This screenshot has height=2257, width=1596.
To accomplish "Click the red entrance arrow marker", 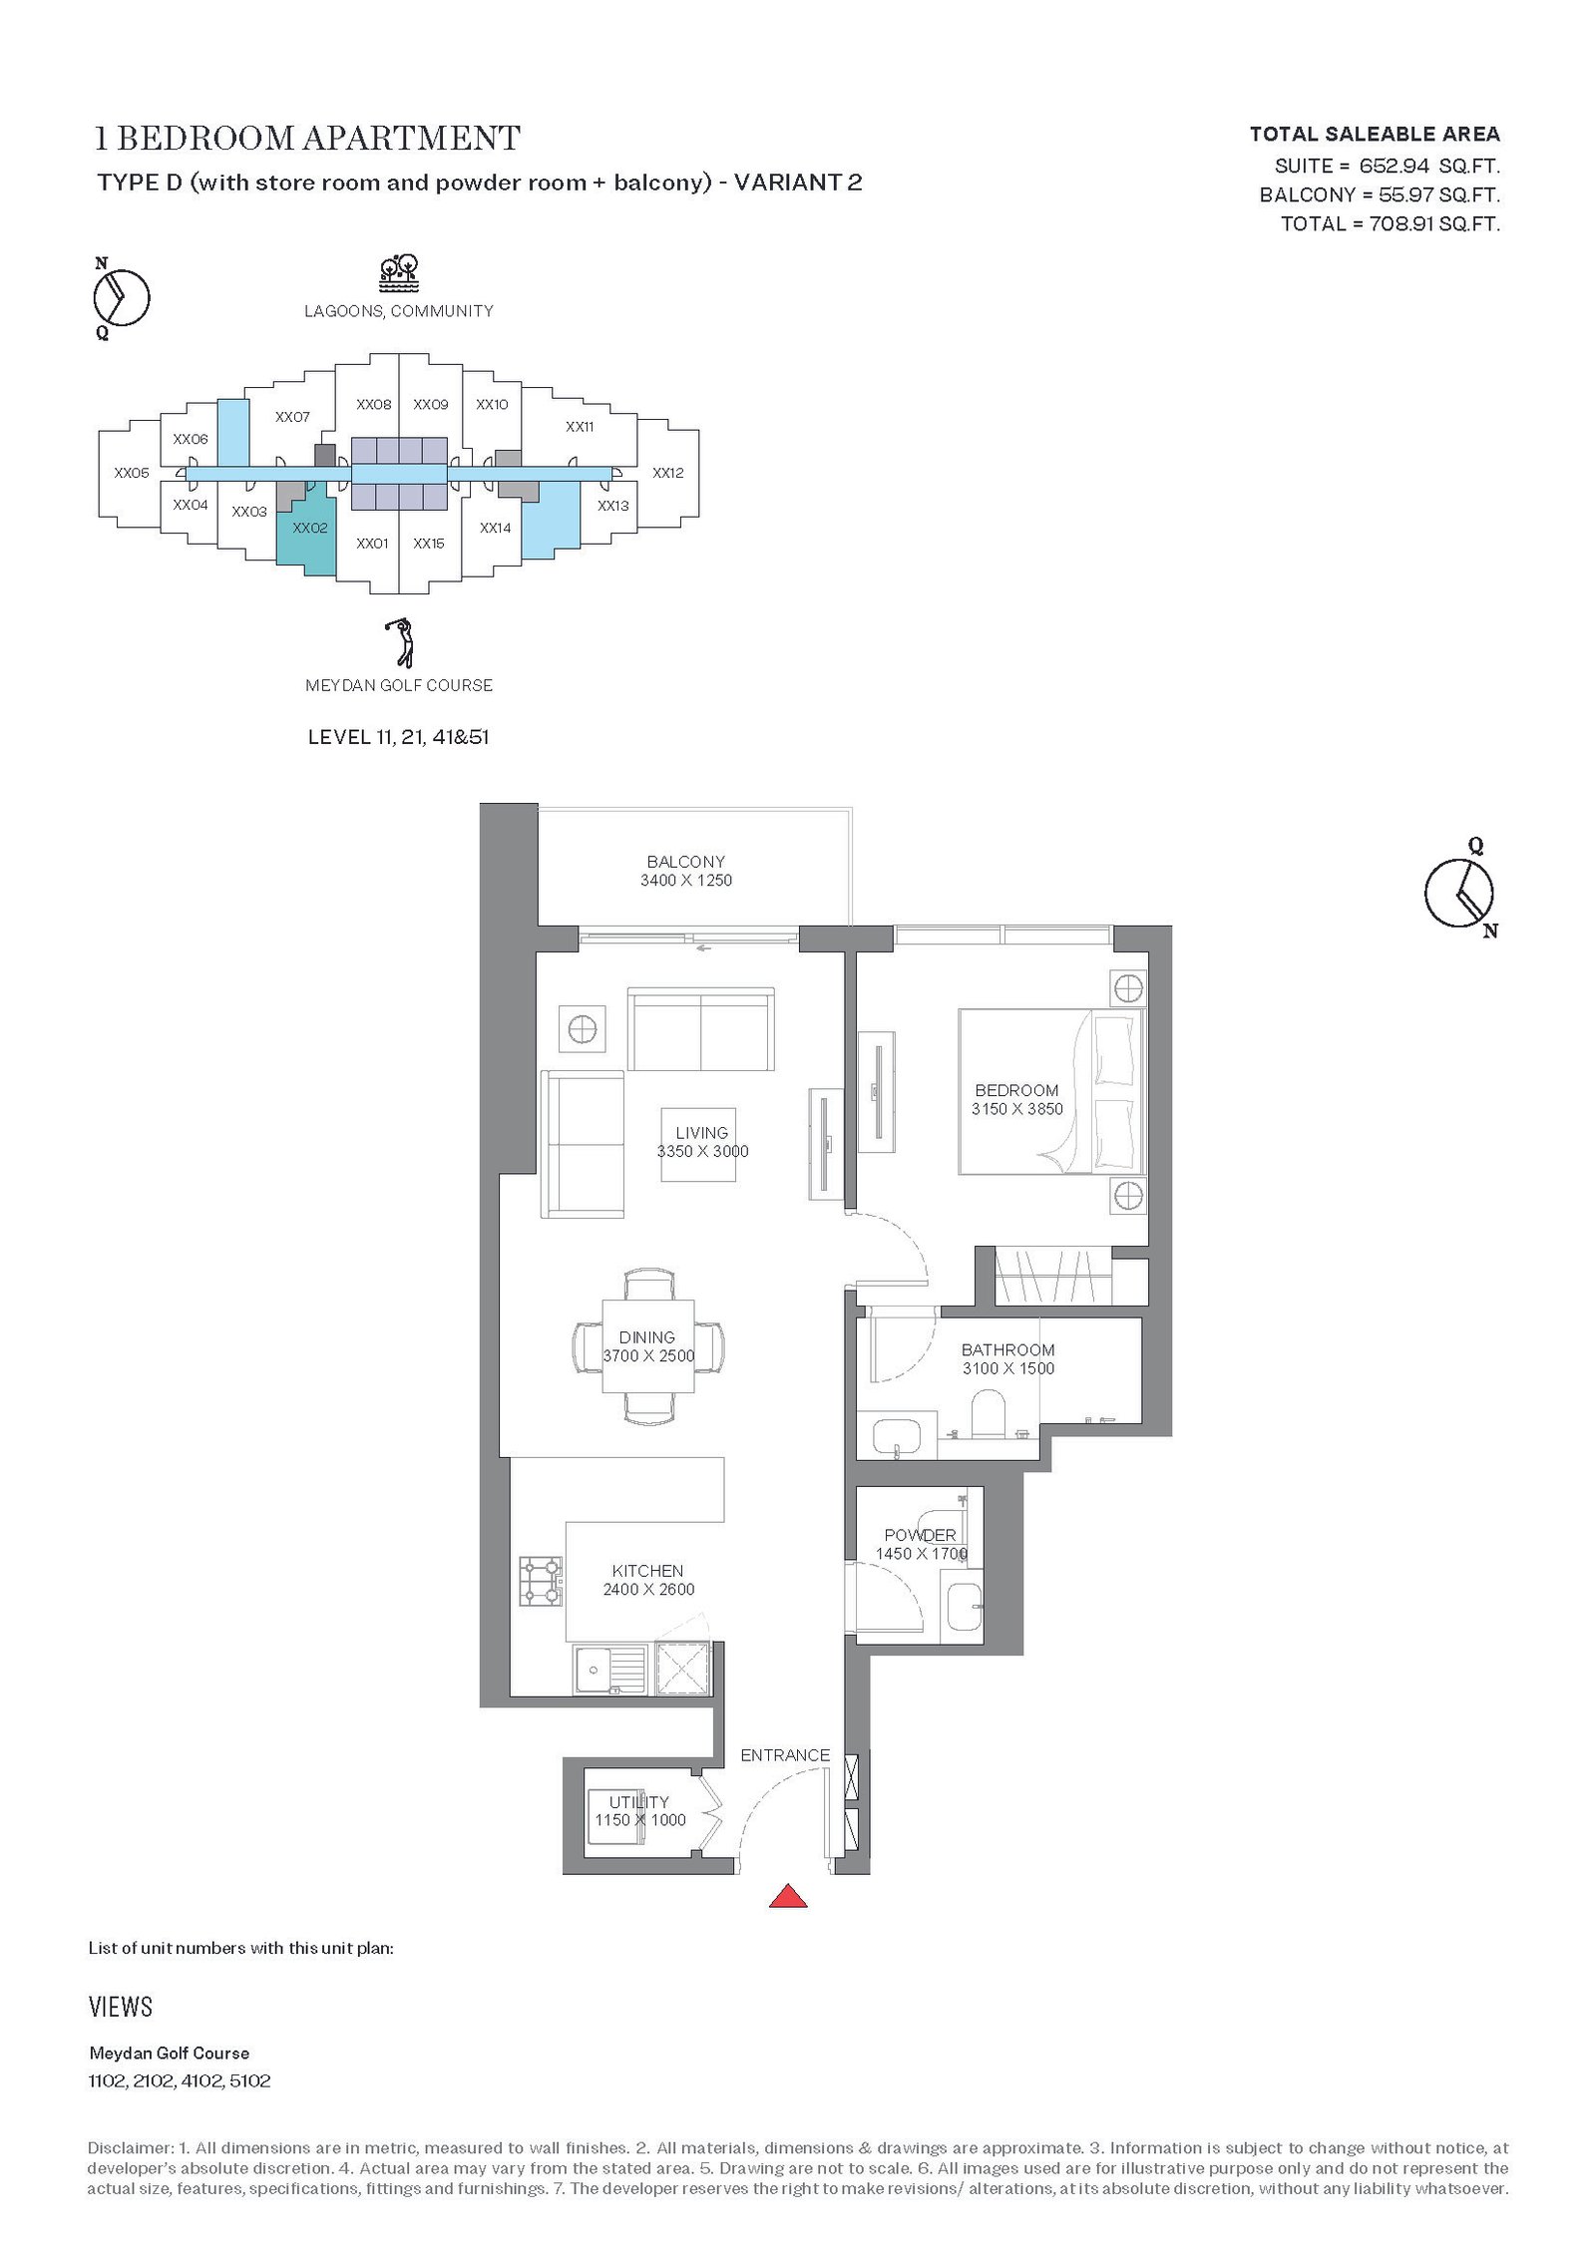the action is tap(787, 1895).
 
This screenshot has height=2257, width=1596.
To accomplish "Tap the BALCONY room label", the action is tap(685, 862).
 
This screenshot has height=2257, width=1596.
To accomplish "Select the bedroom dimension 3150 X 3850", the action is tap(1016, 1109).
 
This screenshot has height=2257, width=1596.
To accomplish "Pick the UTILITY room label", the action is tap(638, 1802).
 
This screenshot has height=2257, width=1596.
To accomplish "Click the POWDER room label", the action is tap(920, 1535).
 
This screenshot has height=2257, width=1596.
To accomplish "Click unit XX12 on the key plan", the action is tap(667, 473).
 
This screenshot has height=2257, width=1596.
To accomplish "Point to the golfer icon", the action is tap(399, 643).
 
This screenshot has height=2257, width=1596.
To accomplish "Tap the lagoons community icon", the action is tap(399, 273).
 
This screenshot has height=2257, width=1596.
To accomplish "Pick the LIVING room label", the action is tap(701, 1133).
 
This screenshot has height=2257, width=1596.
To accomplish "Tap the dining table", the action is tap(648, 1345).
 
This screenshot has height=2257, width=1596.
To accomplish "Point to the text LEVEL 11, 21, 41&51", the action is tap(399, 738).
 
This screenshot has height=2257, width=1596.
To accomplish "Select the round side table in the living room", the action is tap(583, 1027).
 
